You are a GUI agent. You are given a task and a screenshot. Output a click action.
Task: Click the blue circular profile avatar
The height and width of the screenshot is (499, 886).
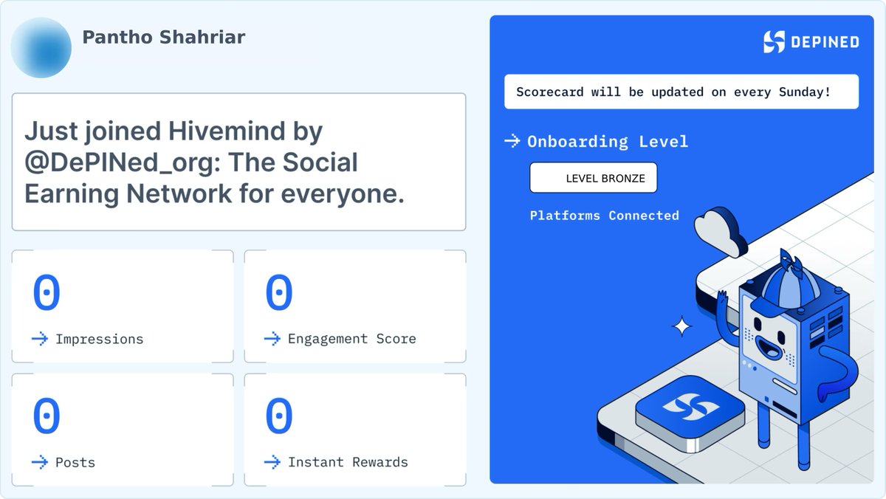tap(41, 48)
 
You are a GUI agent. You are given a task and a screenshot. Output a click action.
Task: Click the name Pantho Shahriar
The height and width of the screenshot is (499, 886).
tap(163, 38)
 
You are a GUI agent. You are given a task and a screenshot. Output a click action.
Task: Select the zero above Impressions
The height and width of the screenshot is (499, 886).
tap(46, 293)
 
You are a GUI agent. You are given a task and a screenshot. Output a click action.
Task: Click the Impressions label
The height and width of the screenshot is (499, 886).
tap(99, 340)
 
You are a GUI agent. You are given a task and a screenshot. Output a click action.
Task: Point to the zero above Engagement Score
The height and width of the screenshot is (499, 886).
tap(278, 293)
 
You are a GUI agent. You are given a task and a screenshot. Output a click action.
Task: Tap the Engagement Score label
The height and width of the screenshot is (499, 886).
tap(351, 339)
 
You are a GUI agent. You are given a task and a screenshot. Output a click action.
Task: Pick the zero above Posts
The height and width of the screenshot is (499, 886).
tap(46, 416)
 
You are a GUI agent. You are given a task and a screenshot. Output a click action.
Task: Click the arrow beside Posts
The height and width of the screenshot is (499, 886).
tap(39, 462)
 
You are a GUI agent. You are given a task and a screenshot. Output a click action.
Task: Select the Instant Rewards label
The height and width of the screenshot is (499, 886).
tap(347, 462)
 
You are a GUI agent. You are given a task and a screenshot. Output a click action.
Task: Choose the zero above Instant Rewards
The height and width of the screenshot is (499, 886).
tap(278, 416)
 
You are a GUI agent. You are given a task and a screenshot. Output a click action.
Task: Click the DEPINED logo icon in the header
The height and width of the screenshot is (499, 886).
tap(774, 41)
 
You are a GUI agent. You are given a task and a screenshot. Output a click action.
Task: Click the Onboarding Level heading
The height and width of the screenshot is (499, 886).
tap(607, 142)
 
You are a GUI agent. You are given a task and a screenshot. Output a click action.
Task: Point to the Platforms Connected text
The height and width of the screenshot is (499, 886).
tap(604, 216)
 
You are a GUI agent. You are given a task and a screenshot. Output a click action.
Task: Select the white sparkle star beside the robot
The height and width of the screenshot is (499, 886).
tap(683, 326)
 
